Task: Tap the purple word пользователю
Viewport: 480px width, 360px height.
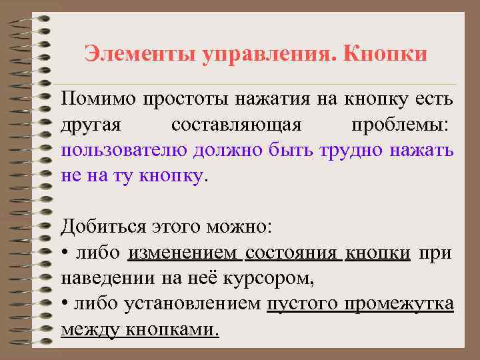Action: [x=125, y=151]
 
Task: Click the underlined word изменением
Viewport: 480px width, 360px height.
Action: [x=184, y=252]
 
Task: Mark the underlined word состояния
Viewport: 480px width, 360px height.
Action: [x=293, y=252]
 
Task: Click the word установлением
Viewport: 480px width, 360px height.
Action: [x=193, y=303]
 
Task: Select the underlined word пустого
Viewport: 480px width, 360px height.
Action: [x=301, y=303]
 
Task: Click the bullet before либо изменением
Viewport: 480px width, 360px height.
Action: [x=64, y=253]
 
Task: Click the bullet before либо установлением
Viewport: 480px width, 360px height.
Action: [x=64, y=304]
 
